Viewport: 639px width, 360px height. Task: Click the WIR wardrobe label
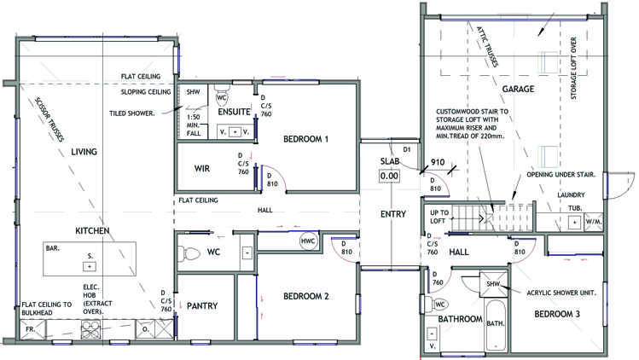(x=202, y=168)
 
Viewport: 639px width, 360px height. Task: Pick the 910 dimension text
(x=438, y=162)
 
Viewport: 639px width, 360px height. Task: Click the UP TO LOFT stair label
(x=439, y=217)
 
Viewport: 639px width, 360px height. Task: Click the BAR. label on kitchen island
(x=52, y=249)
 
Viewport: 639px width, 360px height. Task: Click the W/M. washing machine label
(x=595, y=223)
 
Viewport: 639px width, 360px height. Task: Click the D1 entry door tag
(x=408, y=150)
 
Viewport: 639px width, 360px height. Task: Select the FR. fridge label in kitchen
(x=29, y=328)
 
